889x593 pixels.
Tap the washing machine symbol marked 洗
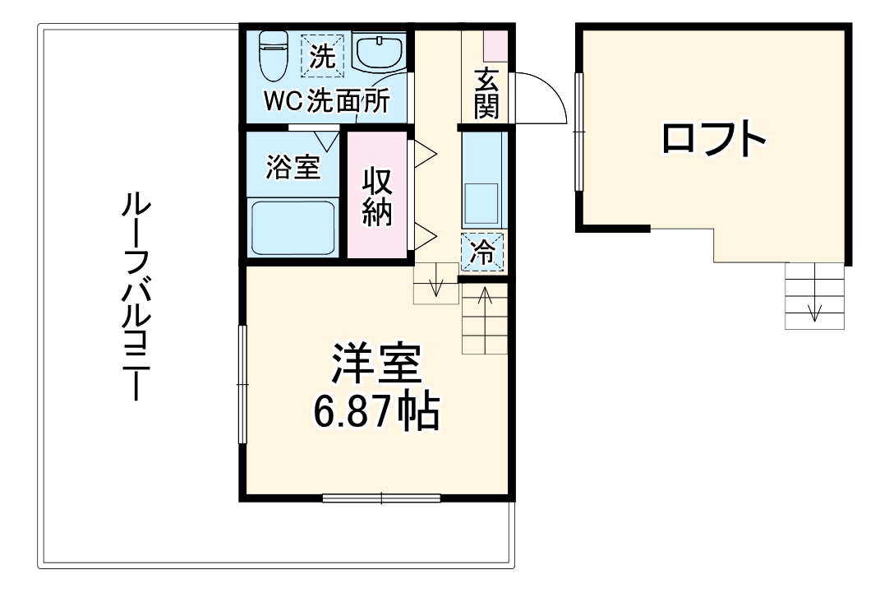point(323,55)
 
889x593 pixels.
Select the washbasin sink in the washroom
point(379,53)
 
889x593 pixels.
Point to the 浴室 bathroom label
point(292,167)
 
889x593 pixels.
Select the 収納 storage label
point(377,198)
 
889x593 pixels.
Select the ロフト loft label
point(713,140)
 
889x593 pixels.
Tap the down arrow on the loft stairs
point(815,310)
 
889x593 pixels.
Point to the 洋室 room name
point(377,364)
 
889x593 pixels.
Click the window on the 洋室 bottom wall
point(381,497)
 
